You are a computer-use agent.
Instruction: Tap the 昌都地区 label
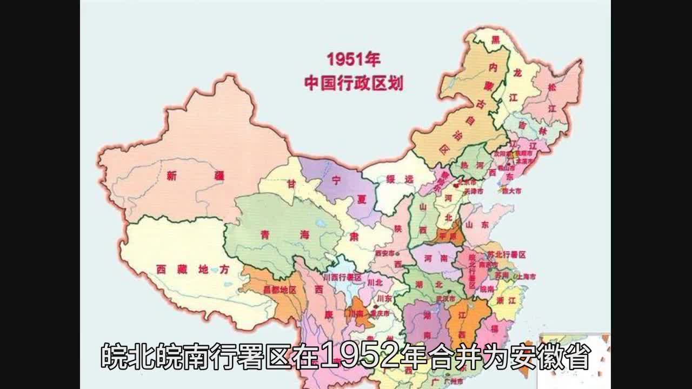pos(279,290)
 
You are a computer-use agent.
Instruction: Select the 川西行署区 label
pos(342,277)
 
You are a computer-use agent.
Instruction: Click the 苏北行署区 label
pos(507,254)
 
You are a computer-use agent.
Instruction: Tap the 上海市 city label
pos(526,276)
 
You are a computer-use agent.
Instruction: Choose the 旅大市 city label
pos(511,191)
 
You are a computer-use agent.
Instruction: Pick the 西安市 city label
pos(385,253)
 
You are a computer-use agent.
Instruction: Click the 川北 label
pos(375,282)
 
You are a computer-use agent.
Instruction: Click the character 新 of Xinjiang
pos(172,175)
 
